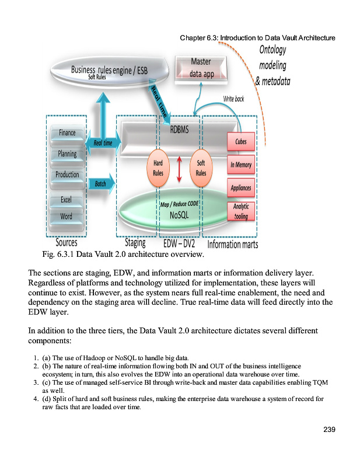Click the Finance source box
67,133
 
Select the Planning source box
67,154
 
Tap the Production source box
67,175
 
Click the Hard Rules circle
158,168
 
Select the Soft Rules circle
201,168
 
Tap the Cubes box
240,142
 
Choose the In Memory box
240,165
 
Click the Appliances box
240,187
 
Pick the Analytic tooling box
240,211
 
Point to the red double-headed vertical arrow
179,169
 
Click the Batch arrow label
96,183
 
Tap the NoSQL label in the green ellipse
179,214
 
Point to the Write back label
234,99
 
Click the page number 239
329,430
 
